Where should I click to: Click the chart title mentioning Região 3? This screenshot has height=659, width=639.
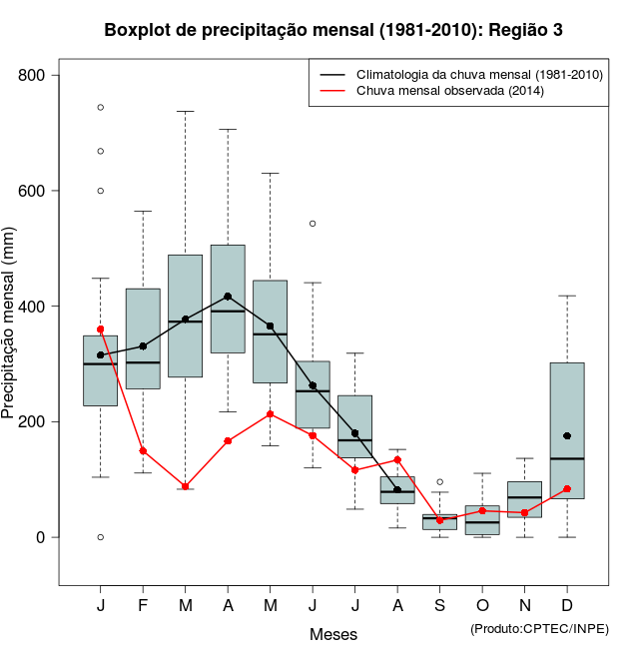click(333, 30)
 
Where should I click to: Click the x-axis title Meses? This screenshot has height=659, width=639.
click(333, 634)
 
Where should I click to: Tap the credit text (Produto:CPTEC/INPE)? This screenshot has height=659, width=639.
click(538, 628)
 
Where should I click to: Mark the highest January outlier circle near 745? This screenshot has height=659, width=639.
click(101, 107)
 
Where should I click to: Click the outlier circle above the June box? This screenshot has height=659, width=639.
click(313, 224)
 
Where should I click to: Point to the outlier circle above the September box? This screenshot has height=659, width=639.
click(439, 481)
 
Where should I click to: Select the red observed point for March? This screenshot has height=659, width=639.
click(186, 487)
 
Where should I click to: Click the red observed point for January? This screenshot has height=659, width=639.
click(101, 329)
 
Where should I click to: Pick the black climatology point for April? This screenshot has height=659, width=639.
click(228, 297)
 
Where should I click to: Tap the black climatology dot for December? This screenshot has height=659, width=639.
click(567, 436)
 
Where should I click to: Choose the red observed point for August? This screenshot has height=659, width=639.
click(397, 460)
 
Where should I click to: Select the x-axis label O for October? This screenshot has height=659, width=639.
click(482, 606)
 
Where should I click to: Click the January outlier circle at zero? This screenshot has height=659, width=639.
click(101, 537)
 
